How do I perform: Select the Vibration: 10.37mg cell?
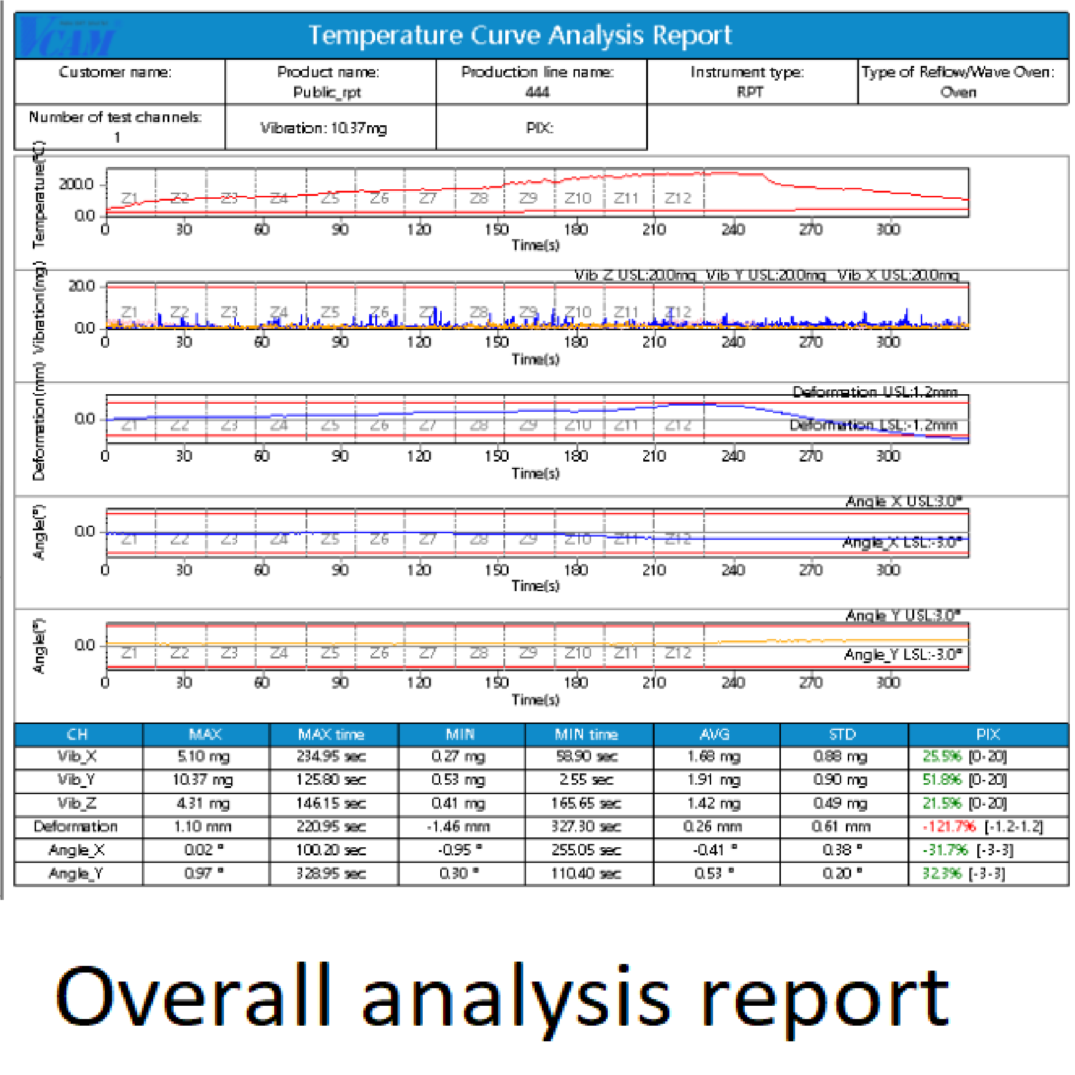click(324, 128)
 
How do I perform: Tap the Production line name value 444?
click(537, 92)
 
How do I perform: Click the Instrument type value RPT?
click(750, 92)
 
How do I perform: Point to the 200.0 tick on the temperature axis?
click(76, 184)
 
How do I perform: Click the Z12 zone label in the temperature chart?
click(678, 198)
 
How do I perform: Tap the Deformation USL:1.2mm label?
click(875, 392)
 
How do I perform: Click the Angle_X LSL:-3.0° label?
click(902, 543)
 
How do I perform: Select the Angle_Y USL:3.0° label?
click(902, 615)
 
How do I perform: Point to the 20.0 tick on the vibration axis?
click(81, 286)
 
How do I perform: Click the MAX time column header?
click(331, 734)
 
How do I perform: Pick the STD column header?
click(842, 734)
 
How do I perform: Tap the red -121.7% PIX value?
click(949, 827)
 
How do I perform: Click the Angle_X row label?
click(76, 850)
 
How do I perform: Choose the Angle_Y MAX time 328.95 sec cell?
click(331, 873)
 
